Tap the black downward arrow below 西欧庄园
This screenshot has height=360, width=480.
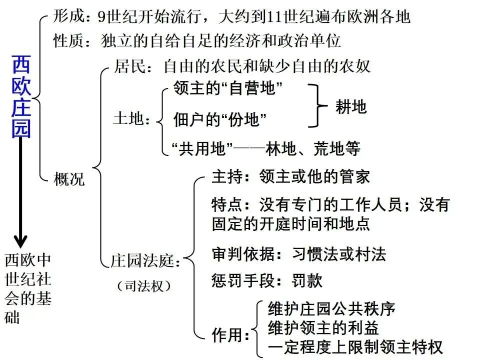20,195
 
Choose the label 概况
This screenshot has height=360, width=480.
69,179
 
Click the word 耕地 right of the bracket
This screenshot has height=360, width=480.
351,106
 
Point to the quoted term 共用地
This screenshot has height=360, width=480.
203,148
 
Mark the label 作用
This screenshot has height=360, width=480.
227,335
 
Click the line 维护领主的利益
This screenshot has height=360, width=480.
323,327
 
